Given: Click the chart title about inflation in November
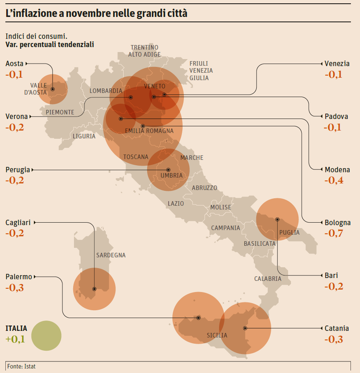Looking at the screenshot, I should pos(96,13).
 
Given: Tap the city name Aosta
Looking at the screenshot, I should pos(14,64).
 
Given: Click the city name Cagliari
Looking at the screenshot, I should pos(18,223).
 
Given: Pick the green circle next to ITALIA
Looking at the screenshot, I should pos(46,336).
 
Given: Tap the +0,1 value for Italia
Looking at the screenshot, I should pos(15,340).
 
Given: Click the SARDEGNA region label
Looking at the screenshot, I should pos(111,255).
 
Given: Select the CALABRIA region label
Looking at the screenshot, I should pos(268,279).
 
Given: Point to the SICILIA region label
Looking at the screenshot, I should pos(217,335).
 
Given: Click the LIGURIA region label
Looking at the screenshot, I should pos(84,136).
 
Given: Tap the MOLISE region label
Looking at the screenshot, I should pos(221,207).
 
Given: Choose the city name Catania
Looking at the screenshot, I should pos(336,328).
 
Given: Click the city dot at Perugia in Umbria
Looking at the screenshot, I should pos(168,170).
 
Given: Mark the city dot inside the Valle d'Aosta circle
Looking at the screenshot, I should pos(52,89).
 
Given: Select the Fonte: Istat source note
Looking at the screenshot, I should pos(21,366).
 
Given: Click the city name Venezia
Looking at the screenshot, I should pos(337,64).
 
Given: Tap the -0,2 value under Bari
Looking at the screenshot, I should pos(334,286).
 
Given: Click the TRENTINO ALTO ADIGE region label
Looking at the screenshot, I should pos(144,51).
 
